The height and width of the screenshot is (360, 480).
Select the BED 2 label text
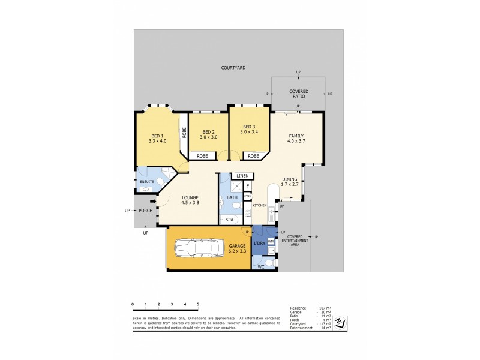(208, 132)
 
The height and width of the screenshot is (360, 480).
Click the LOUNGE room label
(190, 197)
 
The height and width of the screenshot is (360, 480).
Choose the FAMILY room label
(296, 136)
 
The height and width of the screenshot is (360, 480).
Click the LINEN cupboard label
(242, 176)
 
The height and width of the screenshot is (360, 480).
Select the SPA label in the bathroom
(229, 220)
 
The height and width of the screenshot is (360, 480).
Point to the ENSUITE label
(147, 181)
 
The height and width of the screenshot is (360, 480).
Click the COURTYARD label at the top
(234, 68)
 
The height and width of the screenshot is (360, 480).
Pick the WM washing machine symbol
(271, 241)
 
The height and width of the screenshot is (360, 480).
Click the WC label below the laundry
(260, 266)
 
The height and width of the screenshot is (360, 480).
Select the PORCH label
(146, 211)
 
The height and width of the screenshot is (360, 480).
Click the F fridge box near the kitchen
(247, 187)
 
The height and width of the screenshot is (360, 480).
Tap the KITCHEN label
(259, 206)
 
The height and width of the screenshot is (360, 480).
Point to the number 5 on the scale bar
(198, 305)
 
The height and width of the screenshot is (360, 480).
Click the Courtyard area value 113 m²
(323, 324)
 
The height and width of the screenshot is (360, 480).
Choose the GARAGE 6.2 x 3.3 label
(236, 248)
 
